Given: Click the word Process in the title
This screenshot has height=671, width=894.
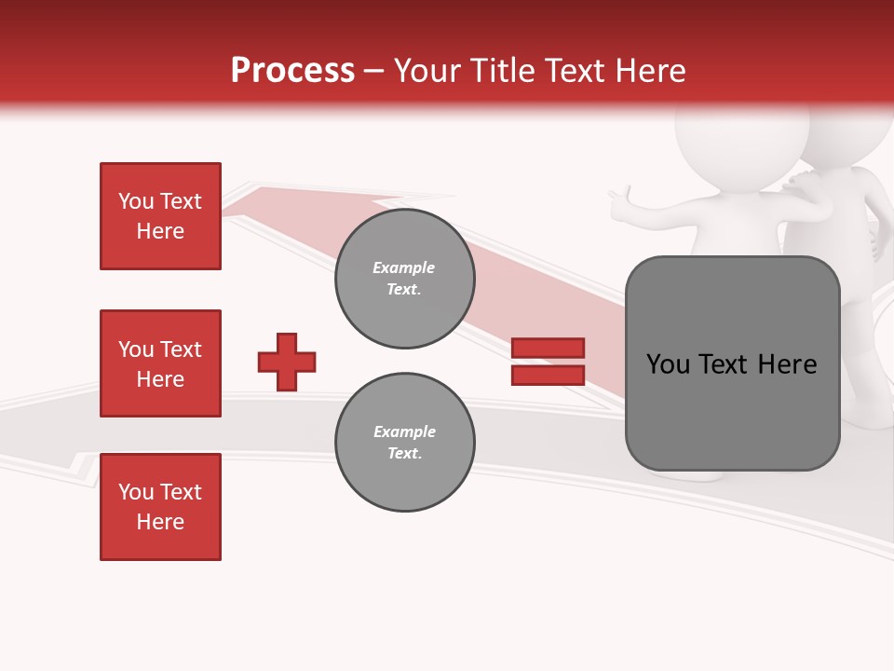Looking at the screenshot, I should pos(292,71).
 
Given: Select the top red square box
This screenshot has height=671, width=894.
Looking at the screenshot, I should pos(160,216).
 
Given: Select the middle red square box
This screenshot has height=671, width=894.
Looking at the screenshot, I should pos(160,363).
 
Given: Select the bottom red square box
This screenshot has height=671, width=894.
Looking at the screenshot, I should pos(160,507).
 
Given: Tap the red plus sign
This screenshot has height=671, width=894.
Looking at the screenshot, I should pos(287,362).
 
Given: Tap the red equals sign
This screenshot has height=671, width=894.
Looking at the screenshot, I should pos(548,362).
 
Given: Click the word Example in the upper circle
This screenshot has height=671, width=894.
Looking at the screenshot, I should pos(403,267).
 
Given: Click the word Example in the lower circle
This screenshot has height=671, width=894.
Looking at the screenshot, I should pos(404,431).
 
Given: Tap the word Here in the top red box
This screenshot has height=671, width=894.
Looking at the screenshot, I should pos(160,231).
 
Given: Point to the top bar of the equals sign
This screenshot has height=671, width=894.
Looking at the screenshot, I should pos(548,348).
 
